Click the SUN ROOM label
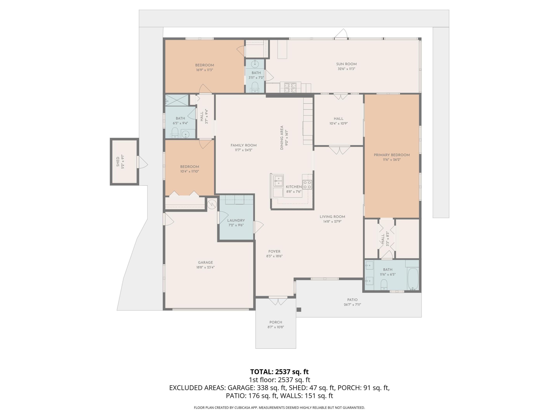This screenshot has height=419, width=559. click(346, 64)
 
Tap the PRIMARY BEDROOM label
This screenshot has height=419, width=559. click(391, 155)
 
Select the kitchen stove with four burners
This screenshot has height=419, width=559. click(307, 185)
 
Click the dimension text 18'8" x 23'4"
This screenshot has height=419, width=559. click(205, 267)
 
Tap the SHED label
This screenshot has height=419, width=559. click(118, 162)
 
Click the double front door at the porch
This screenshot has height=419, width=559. click(278, 301)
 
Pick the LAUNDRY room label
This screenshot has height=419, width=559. click(236, 220)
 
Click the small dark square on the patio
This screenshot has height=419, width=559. click(299, 310)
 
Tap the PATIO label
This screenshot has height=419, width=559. click(352, 300)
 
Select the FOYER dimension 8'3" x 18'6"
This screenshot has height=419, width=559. click(274, 256)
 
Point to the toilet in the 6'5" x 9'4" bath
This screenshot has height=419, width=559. click(175, 132)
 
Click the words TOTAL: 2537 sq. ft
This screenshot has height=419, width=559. click(279, 372)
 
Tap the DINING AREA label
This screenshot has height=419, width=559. click(282, 138)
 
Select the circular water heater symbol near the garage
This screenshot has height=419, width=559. click(212, 204)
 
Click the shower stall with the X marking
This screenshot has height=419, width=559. click(177, 100)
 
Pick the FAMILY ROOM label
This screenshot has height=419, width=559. click(243, 145)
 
